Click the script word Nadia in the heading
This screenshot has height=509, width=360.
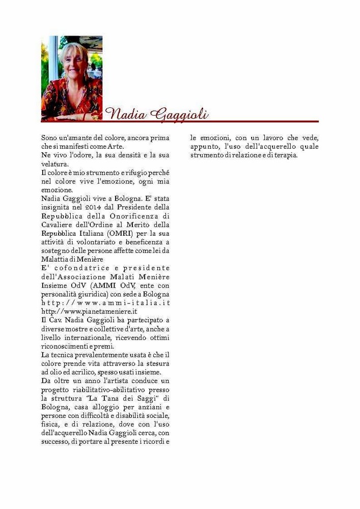coord(124,114)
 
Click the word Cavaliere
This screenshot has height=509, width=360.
coord(58,224)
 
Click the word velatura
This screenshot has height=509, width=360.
coord(54,164)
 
